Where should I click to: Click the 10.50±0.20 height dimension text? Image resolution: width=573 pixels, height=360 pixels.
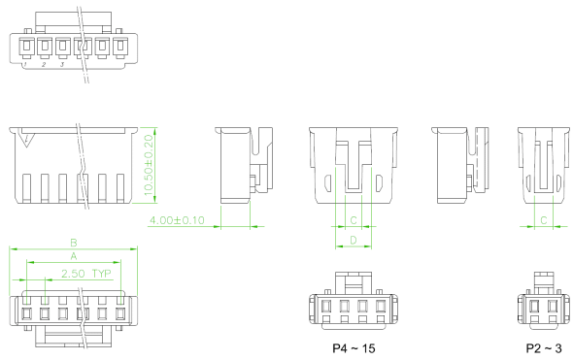click(x=149, y=165)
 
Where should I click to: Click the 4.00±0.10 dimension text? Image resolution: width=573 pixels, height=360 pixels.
click(x=177, y=220)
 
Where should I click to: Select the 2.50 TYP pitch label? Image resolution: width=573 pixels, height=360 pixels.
click(x=86, y=274)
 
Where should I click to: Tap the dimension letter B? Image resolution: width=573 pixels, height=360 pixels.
click(x=74, y=243)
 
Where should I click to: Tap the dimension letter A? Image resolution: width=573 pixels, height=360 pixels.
click(x=74, y=256)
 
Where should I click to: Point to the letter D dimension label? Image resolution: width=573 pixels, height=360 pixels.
click(x=354, y=240)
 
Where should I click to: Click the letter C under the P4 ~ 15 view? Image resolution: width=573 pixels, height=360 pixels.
click(x=354, y=220)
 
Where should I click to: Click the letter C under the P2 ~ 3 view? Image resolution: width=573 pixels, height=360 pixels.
click(x=544, y=220)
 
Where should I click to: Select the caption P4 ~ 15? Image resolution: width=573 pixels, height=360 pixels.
click(x=354, y=348)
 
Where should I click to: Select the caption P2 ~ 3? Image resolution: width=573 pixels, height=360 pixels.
click(x=544, y=348)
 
